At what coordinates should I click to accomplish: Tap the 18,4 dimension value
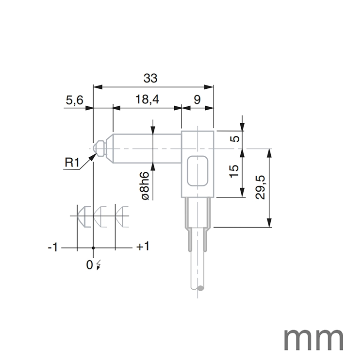click(x=148, y=100)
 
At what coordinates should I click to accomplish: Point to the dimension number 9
click(x=197, y=100)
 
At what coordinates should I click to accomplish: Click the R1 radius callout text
click(x=72, y=162)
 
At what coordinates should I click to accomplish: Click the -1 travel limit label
click(x=53, y=248)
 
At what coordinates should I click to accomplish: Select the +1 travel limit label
click(x=143, y=247)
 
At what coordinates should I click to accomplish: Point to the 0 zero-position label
click(x=89, y=265)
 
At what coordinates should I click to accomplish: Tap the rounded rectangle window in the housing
click(x=198, y=171)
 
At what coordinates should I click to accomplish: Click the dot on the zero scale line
click(x=93, y=248)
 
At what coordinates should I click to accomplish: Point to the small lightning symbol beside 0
click(x=99, y=265)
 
